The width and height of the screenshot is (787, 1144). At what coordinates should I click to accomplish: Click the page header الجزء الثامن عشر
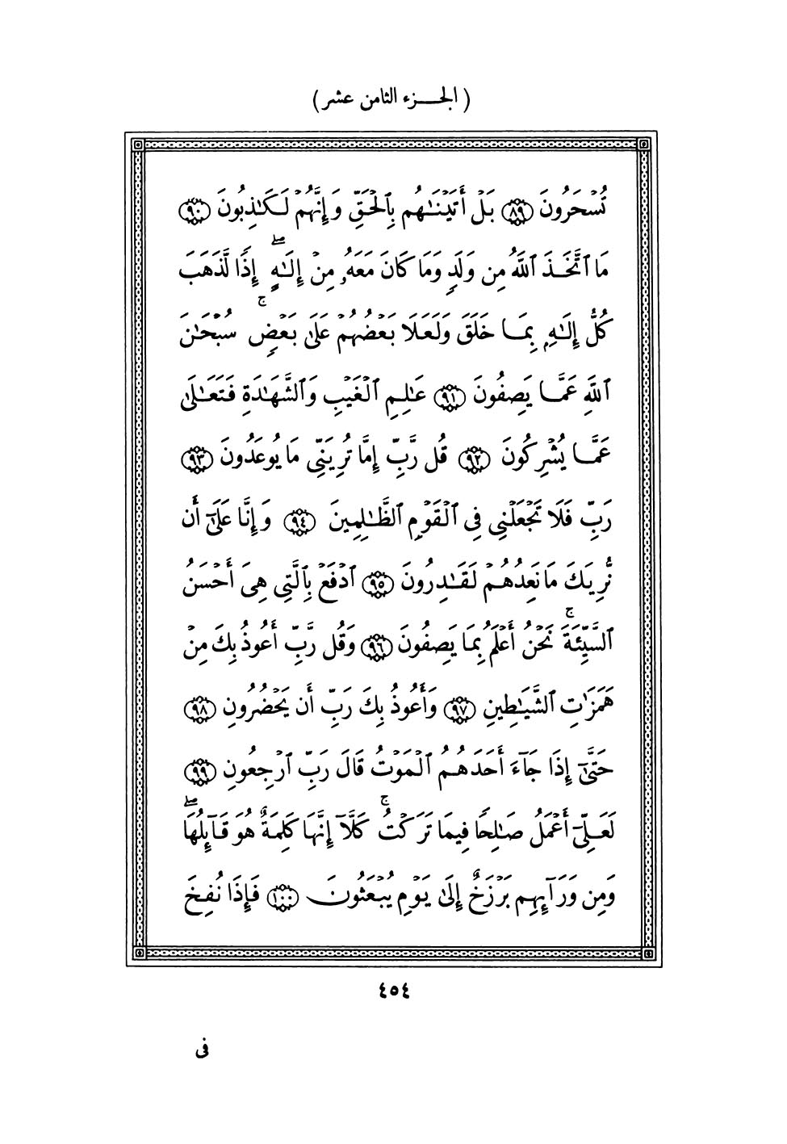tap(393, 100)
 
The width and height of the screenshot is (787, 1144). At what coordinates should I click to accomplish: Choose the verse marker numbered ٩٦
tap(395, 642)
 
